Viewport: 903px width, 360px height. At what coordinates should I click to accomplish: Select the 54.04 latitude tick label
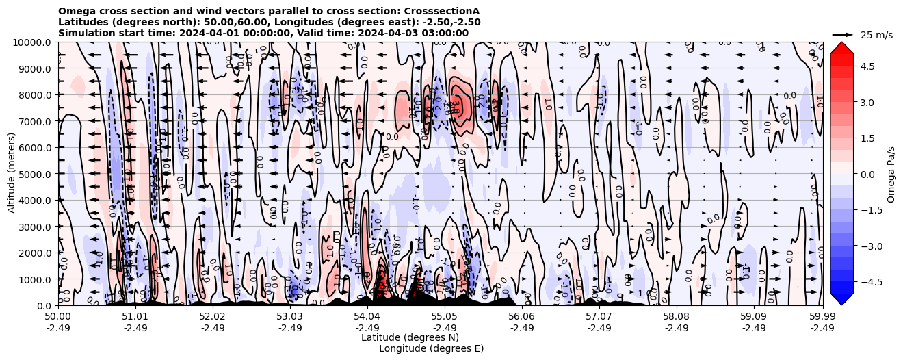pyautogui.click(x=367, y=317)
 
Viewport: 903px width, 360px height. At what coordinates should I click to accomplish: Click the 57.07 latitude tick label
pyautogui.click(x=599, y=317)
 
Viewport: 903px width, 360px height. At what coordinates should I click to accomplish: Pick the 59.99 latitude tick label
pyautogui.click(x=822, y=317)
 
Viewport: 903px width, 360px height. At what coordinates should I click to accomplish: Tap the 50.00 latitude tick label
pyautogui.click(x=58, y=317)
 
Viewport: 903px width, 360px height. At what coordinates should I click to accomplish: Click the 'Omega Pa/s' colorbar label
pyautogui.click(x=891, y=174)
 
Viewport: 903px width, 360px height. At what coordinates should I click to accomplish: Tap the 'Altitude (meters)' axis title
pyautogui.click(x=12, y=174)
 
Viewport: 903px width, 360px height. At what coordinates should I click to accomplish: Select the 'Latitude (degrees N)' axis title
pyautogui.click(x=410, y=337)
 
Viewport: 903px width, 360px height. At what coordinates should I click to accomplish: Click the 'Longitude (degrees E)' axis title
pyautogui.click(x=431, y=348)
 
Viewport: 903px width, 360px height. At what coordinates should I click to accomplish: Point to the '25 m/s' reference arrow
pyautogui.click(x=843, y=34)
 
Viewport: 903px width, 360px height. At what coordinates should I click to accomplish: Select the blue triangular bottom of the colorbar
pyautogui.click(x=841, y=298)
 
